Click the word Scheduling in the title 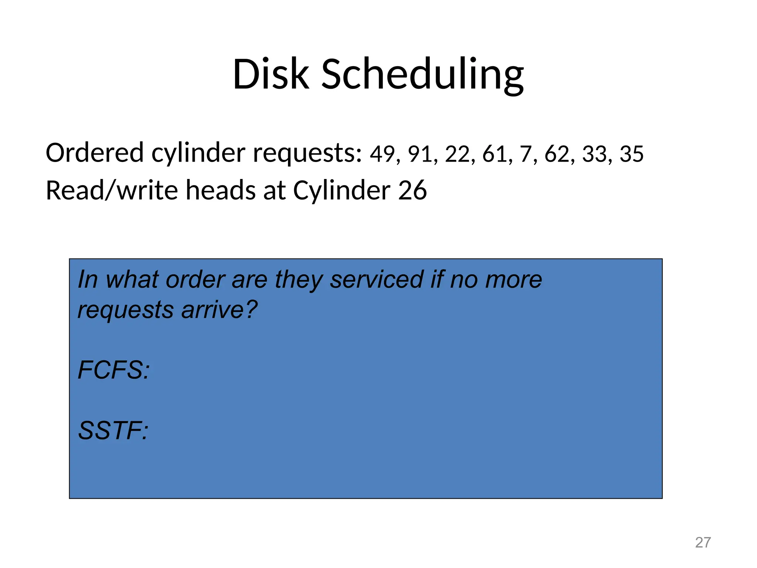(422, 76)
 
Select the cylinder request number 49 (382, 154)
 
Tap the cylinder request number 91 (420, 154)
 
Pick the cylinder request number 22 (457, 154)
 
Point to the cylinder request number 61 (495, 154)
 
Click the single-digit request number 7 (525, 154)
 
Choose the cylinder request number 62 (557, 154)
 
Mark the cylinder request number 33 (594, 154)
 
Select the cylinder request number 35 (632, 154)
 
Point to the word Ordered (95, 153)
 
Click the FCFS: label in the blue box (114, 370)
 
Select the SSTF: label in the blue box (113, 431)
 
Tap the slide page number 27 (703, 542)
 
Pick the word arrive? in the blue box (219, 310)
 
